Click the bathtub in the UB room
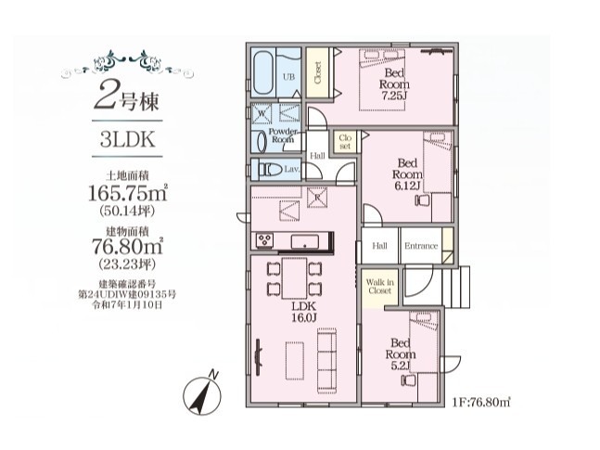[x=263, y=72]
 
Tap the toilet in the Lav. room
[x=270, y=169]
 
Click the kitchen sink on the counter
[x=304, y=241]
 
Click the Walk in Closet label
[x=379, y=287]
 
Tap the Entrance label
[x=421, y=246]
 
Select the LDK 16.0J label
[x=304, y=312]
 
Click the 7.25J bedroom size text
[x=393, y=96]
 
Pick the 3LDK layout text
[x=127, y=139]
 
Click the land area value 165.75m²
[x=128, y=193]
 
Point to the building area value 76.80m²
[x=128, y=246]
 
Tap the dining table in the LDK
[x=294, y=278]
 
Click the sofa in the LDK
[x=326, y=361]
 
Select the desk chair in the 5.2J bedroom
[x=408, y=379]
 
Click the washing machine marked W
[x=262, y=113]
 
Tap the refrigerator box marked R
[x=317, y=198]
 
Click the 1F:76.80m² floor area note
[x=481, y=403]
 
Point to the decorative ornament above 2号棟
[x=127, y=62]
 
